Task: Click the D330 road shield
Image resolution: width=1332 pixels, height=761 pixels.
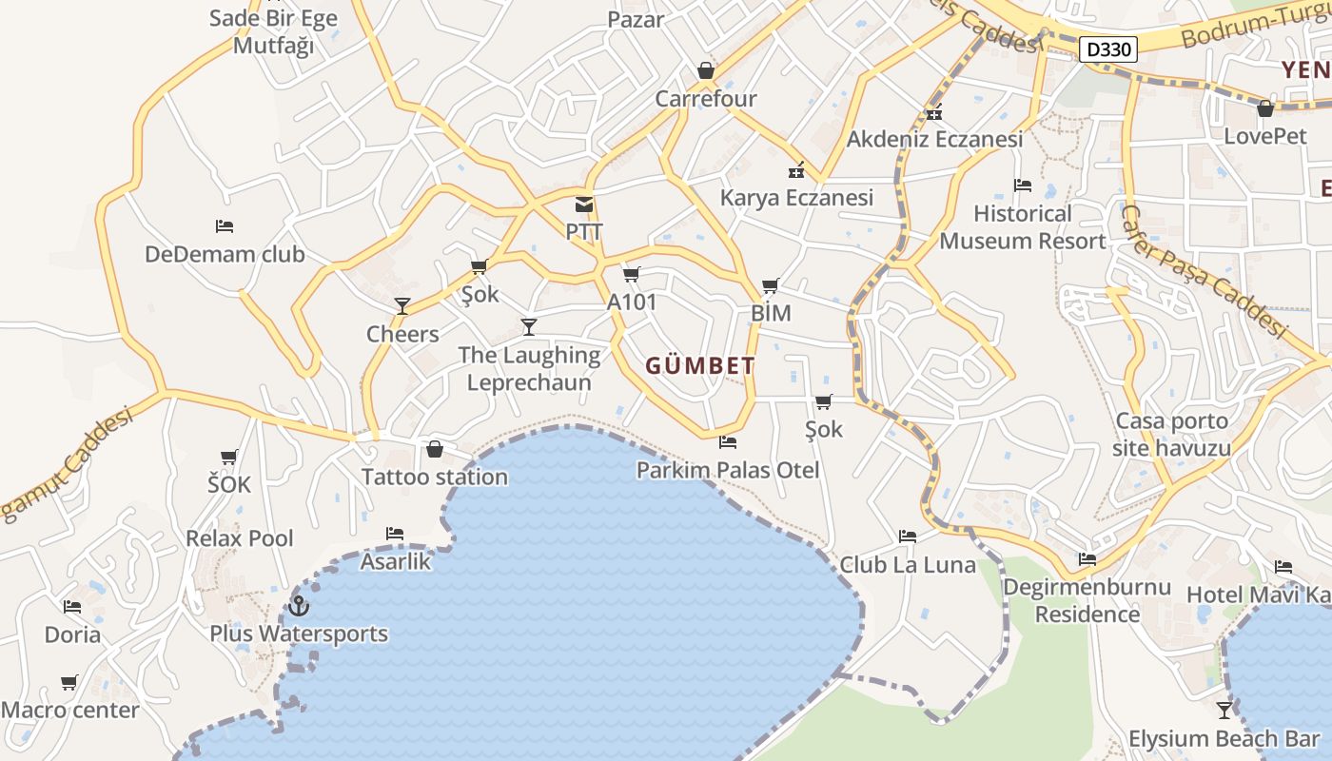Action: point(1109,49)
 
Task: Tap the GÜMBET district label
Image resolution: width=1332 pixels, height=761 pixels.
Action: point(700,365)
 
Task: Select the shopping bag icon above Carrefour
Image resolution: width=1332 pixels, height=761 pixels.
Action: point(706,70)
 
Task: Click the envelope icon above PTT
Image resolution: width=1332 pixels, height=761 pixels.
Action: point(583,205)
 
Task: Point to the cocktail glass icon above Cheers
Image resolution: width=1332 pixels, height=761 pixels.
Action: point(402,305)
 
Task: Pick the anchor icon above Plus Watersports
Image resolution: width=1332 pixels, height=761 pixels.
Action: point(299,605)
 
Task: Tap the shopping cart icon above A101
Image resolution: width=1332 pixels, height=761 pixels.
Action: point(630,275)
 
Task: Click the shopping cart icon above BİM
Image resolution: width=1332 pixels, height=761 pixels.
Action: point(770,285)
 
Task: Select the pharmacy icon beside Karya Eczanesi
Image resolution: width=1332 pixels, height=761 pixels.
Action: point(795,171)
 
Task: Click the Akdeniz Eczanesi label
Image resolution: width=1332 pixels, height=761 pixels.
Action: point(934,139)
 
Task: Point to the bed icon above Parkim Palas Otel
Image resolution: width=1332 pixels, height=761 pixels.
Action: point(728,441)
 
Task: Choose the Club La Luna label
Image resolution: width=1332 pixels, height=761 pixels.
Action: point(908,565)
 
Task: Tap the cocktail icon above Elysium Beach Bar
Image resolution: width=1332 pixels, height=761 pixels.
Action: point(1224,710)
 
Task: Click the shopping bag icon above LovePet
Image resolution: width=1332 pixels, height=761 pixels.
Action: point(1265,108)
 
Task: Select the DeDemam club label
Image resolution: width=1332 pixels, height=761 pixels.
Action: point(225,254)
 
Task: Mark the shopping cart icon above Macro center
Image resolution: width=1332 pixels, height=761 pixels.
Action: point(69,682)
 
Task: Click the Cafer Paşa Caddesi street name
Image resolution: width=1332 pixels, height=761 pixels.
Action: point(1204,272)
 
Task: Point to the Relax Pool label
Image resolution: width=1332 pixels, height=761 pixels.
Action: point(240,538)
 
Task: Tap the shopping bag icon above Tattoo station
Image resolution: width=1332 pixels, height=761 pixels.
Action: point(435,449)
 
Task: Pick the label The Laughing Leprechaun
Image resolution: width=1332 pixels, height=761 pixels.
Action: point(529,369)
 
